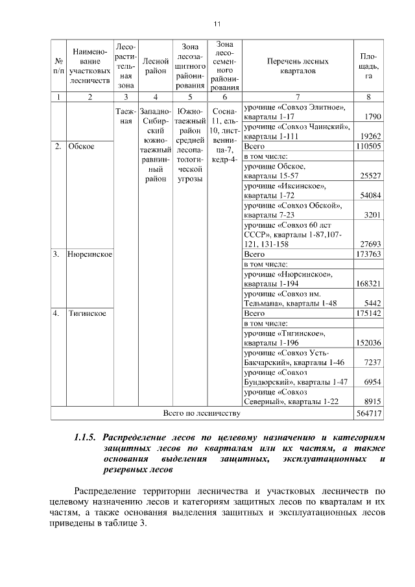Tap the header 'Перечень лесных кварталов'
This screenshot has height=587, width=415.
298,66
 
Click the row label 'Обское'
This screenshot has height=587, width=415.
81,147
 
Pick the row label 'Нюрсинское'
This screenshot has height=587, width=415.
89,254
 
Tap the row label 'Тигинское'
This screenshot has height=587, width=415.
87,313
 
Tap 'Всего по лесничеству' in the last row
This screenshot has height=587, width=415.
202,413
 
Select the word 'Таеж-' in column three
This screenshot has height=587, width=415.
124,111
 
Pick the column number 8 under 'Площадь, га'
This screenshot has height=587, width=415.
368,97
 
